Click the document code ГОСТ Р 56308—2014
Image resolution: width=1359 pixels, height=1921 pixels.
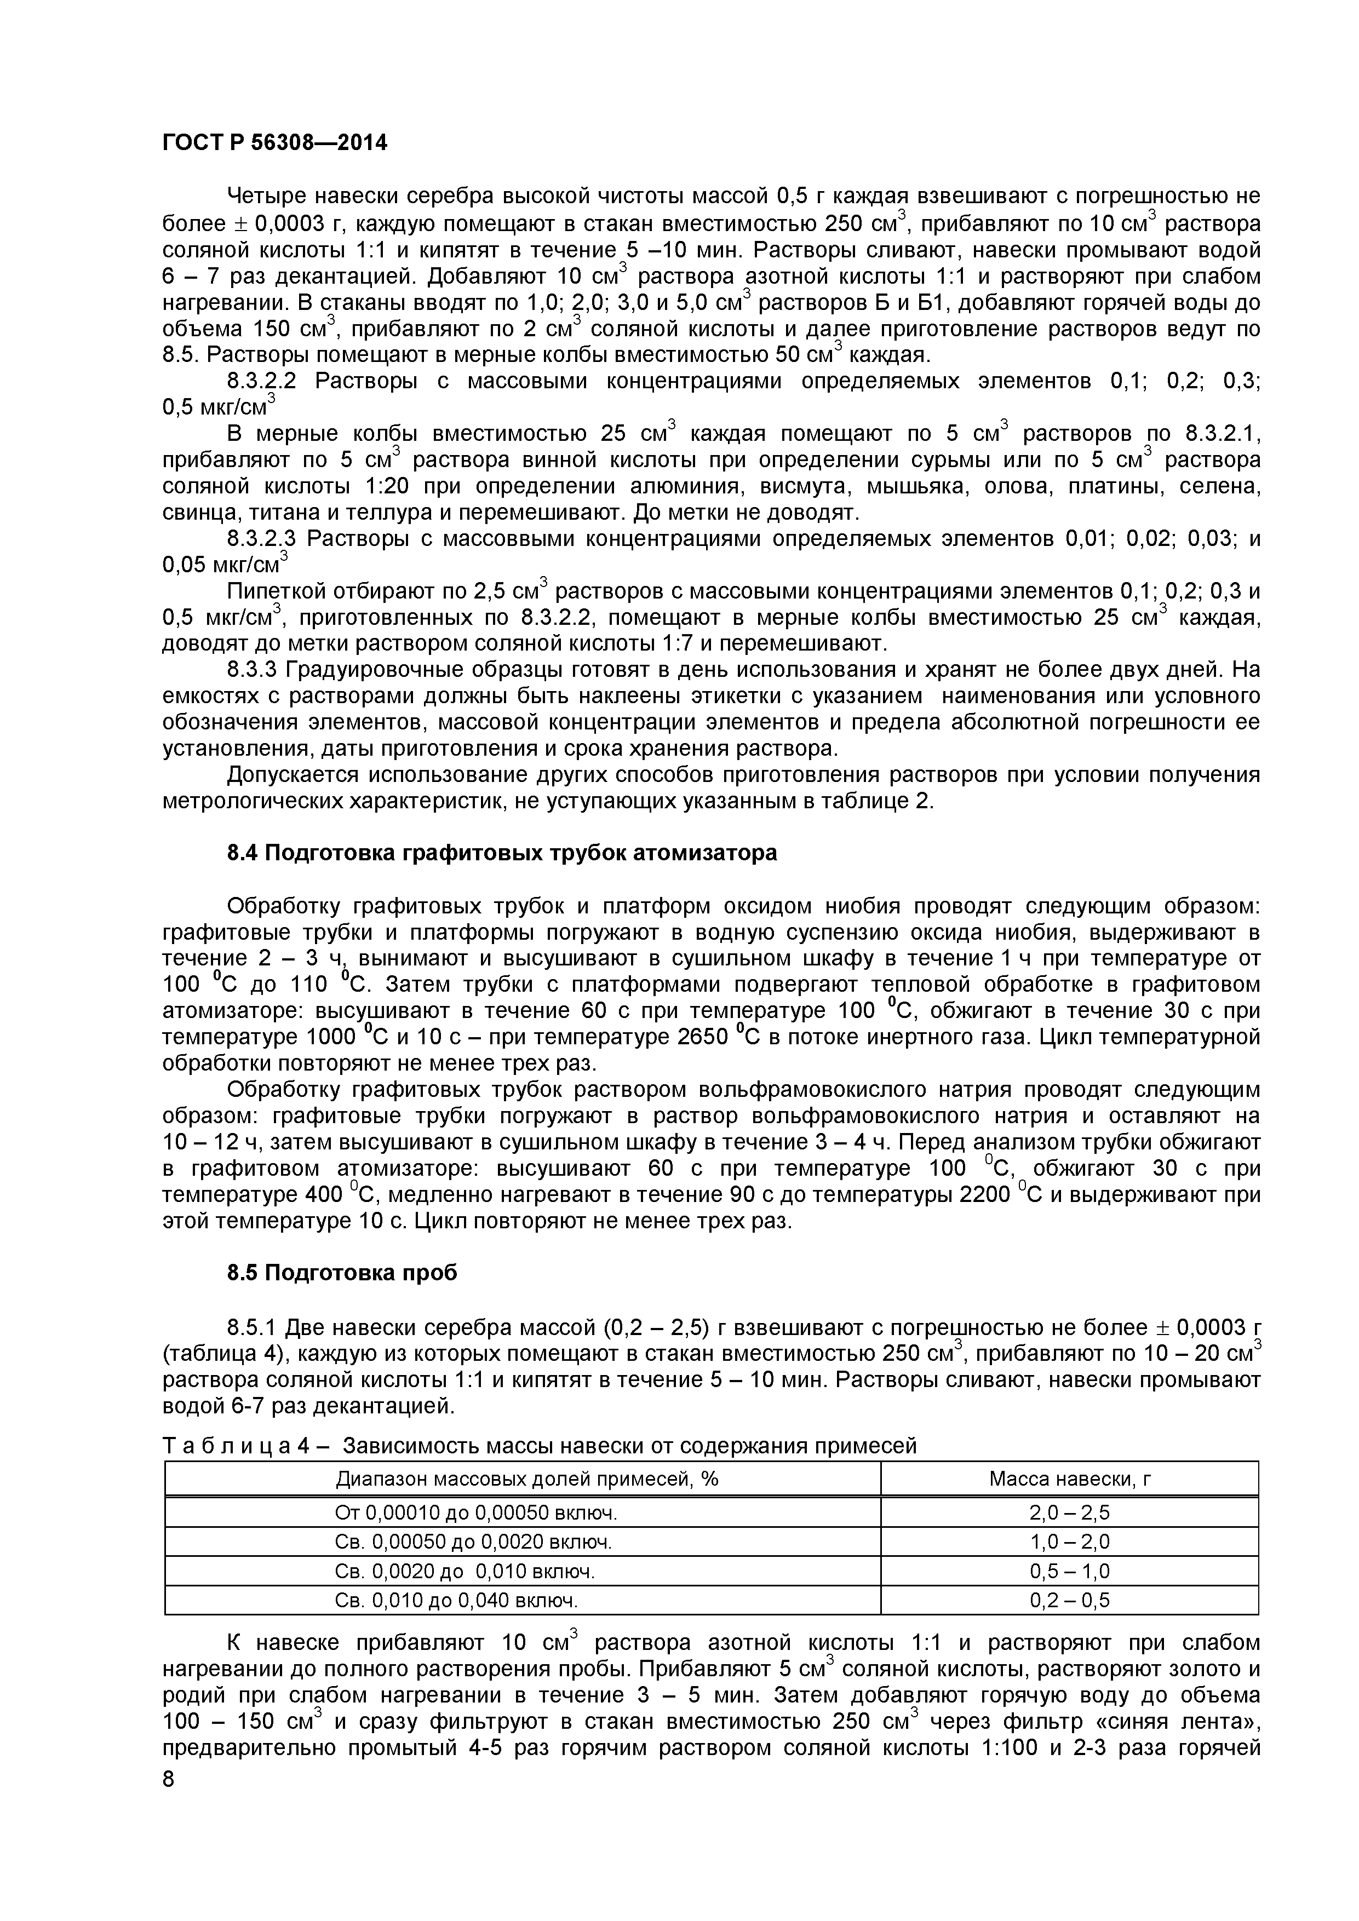(x=274, y=143)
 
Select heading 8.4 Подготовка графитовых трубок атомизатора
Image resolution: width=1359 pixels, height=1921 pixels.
(x=502, y=853)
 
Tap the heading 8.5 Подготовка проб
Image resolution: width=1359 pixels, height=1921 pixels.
(x=342, y=1273)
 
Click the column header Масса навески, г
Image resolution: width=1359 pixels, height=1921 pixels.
(x=1069, y=1479)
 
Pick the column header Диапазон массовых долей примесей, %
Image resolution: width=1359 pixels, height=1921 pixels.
(x=527, y=1479)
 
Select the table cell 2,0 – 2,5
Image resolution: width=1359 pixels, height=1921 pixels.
(x=1069, y=1512)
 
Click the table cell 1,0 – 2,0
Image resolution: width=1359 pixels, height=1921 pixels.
(x=1069, y=1542)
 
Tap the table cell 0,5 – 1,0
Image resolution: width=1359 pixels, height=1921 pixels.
(x=1069, y=1571)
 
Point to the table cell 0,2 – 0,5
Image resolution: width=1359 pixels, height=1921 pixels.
(x=1069, y=1601)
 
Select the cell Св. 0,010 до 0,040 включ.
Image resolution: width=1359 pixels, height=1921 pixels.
(x=456, y=1601)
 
